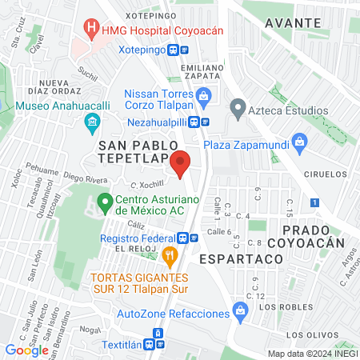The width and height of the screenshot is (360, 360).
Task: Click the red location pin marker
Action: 181,164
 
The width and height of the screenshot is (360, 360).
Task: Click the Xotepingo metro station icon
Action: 184,48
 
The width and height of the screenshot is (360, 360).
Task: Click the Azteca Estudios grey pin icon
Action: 237,106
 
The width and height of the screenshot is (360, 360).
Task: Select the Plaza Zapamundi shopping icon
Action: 300,144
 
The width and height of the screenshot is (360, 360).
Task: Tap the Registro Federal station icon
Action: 184,238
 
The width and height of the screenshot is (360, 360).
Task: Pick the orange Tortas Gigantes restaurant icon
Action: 169,257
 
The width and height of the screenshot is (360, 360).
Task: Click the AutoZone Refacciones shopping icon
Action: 238,309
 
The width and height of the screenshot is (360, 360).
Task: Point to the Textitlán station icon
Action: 158,334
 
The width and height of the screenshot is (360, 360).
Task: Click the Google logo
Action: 26,350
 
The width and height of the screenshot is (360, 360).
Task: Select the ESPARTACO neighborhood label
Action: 241,259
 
